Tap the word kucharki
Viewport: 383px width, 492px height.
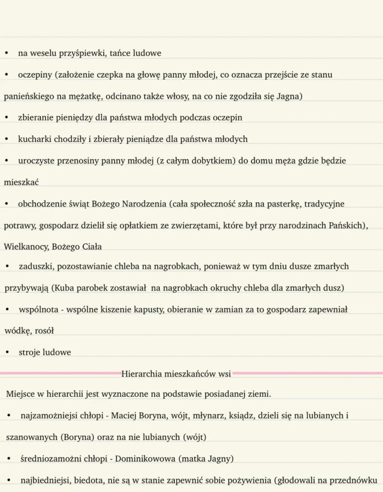pyautogui.click(x=33, y=139)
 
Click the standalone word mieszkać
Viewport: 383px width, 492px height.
pyautogui.click(x=21, y=182)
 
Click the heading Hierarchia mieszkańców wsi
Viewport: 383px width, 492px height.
pyautogui.click(x=176, y=374)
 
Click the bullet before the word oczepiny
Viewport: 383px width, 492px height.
pyautogui.click(x=6, y=75)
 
